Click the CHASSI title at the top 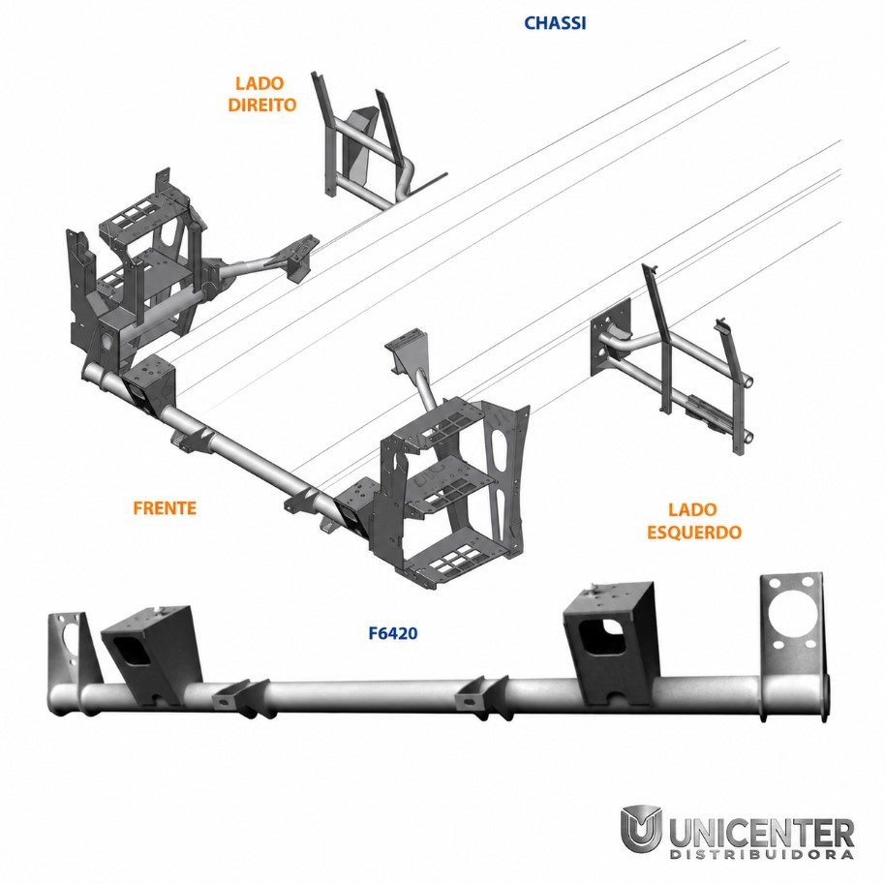[x=555, y=23]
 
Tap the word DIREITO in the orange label [x=261, y=105]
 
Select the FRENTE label [x=165, y=508]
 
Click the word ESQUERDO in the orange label [x=693, y=533]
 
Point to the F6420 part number [x=393, y=633]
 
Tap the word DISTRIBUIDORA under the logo [x=761, y=854]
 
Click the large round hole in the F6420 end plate [x=791, y=614]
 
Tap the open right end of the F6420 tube [x=824, y=698]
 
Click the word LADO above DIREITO [x=259, y=83]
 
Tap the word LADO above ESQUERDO [x=692, y=509]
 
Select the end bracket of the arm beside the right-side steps [x=298, y=256]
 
